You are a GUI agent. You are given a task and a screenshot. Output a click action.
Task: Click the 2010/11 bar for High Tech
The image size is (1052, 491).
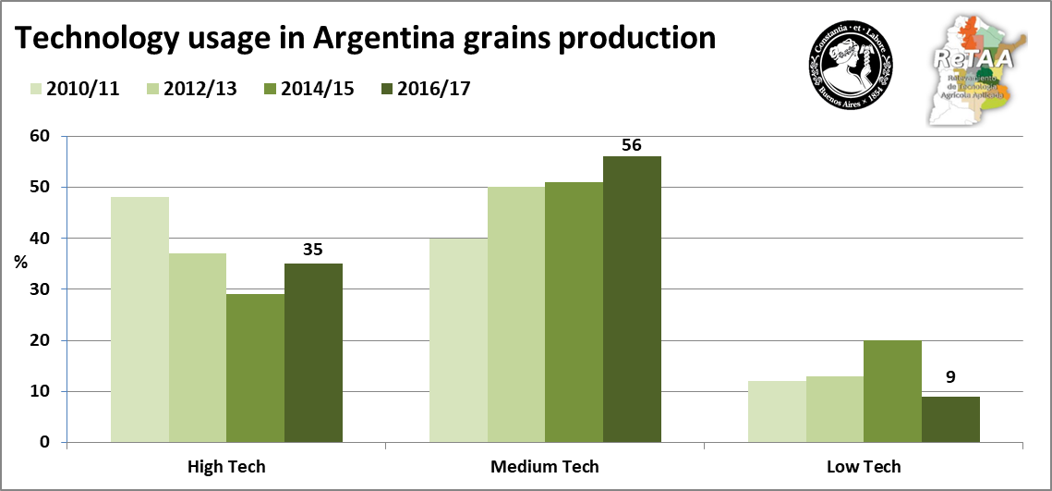139,319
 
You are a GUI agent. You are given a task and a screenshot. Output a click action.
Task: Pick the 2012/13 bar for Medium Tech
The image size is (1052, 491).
516,314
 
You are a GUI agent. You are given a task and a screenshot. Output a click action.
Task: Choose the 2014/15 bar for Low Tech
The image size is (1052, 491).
892,391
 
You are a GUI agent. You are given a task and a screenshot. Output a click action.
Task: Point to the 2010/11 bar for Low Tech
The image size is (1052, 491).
777,411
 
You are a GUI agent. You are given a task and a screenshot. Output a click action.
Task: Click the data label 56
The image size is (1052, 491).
633,144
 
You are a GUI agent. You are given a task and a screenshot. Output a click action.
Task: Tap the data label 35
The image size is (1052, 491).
312,251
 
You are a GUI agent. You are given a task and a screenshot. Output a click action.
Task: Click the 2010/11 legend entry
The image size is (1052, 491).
74,89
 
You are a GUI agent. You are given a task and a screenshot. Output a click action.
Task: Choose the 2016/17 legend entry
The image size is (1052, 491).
421,89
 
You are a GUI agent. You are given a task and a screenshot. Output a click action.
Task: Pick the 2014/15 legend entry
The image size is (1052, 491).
306,89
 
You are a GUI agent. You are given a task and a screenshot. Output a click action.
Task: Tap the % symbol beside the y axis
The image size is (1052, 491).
20,262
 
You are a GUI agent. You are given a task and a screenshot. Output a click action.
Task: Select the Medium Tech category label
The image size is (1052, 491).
545,467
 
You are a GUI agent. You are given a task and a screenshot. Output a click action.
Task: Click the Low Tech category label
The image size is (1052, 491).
864,467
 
